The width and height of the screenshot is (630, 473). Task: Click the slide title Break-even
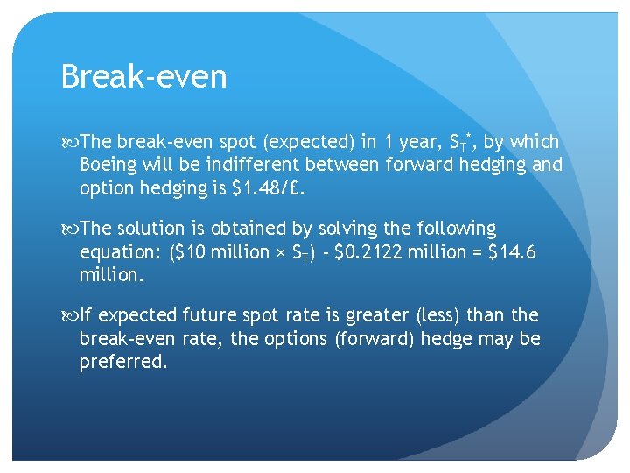144,77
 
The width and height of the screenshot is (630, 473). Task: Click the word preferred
122,361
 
